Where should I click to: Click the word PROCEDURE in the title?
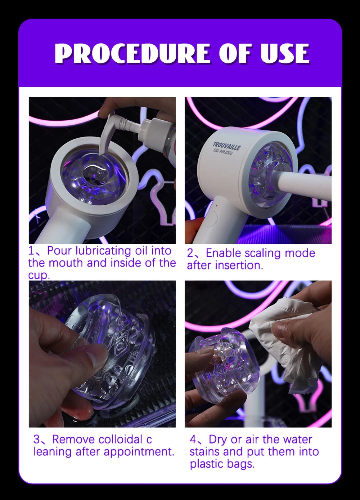[x=133, y=54]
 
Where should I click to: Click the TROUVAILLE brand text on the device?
[x=226, y=146]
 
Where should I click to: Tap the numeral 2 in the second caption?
[x=190, y=253]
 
